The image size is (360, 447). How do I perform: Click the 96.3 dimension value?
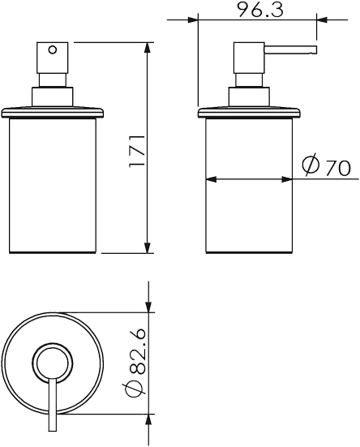[260, 10]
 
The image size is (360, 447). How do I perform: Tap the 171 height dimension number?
[137, 151]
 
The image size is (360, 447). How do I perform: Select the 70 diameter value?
[338, 168]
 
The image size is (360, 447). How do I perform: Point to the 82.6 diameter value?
[137, 353]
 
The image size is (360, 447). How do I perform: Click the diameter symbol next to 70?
[311, 165]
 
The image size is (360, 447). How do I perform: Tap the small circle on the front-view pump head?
[53, 49]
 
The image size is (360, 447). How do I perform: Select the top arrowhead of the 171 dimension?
[147, 48]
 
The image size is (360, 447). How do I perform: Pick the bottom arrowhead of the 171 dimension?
[147, 247]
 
